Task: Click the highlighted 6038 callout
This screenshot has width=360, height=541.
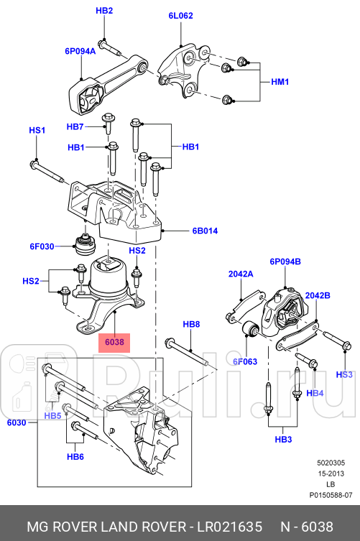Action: click(x=114, y=343)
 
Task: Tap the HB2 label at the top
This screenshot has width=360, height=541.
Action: click(x=105, y=11)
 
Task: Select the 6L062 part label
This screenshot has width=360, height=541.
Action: click(x=180, y=14)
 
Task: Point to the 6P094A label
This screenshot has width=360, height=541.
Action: click(x=80, y=51)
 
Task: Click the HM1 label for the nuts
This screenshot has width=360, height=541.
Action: click(x=278, y=82)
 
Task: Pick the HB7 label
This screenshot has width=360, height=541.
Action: click(x=75, y=127)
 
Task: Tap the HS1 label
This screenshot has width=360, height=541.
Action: click(x=37, y=130)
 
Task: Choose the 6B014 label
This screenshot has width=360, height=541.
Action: click(x=204, y=231)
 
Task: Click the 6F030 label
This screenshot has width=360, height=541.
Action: click(x=42, y=246)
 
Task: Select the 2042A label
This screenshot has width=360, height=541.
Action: click(x=241, y=274)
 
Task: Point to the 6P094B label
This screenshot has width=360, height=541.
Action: click(x=285, y=262)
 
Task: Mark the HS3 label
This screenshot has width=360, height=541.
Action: click(x=345, y=374)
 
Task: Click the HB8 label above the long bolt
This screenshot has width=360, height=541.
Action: click(x=191, y=325)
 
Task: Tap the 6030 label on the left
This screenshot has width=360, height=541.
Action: click(x=17, y=423)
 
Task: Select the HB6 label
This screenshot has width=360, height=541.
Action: click(x=76, y=457)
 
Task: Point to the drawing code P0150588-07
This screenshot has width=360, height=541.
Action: click(x=331, y=496)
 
